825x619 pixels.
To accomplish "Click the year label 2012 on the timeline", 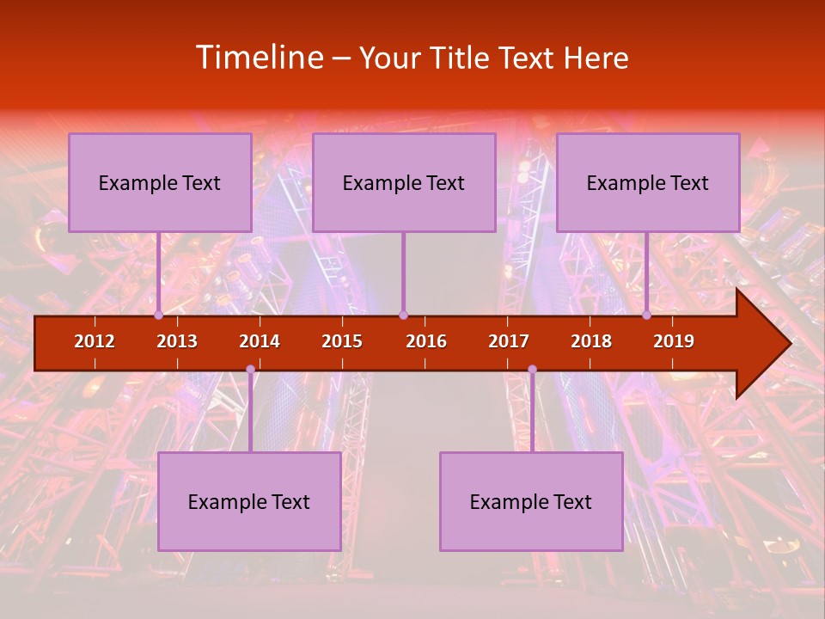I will (95, 341).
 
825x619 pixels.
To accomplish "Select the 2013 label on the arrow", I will (177, 341).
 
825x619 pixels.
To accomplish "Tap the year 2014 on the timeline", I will (260, 341).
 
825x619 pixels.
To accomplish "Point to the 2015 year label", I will (342, 341).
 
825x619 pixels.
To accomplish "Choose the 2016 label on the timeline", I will (426, 341).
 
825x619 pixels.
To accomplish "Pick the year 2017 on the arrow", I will (509, 341).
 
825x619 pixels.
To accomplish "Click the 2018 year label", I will (591, 341).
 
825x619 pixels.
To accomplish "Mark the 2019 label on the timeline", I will (674, 341).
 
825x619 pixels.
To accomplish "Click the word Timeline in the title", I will (259, 58).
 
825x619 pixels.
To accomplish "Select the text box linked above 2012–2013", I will (160, 182).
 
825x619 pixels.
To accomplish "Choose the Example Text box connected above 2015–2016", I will (404, 182).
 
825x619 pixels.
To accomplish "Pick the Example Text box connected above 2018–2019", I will (648, 182).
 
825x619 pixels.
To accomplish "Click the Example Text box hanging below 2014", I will (249, 501).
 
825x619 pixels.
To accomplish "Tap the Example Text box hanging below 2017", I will (531, 501).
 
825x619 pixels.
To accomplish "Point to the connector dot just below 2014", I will (250, 369).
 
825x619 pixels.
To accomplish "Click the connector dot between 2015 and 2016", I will (403, 315).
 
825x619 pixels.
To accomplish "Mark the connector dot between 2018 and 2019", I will (647, 315).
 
